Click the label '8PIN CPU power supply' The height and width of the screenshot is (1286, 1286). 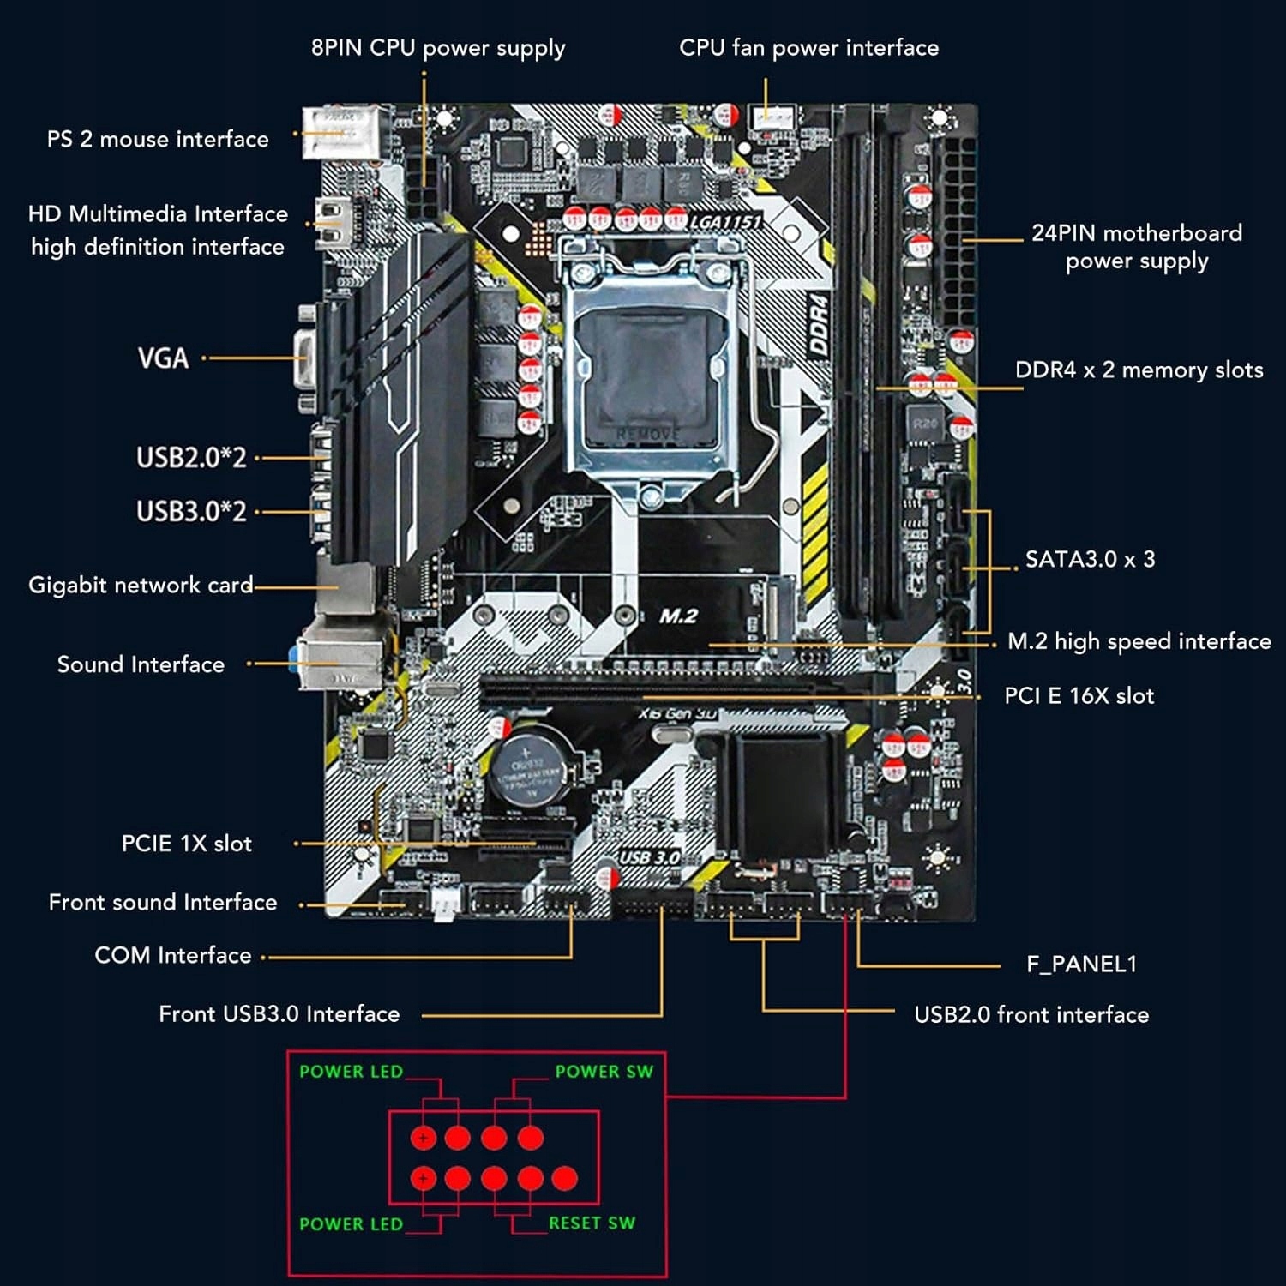[437, 48]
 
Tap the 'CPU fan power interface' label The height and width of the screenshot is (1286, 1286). [808, 48]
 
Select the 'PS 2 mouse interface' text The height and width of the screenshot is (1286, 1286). [158, 139]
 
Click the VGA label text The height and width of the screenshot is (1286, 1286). [163, 358]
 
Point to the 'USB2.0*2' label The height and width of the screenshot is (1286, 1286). [191, 457]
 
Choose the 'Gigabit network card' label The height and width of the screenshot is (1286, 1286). [141, 585]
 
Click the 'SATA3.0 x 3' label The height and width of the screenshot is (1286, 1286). [1090, 559]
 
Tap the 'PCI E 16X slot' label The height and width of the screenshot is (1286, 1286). [1079, 695]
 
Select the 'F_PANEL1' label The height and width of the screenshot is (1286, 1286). [1081, 964]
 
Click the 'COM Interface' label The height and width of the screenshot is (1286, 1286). [172, 955]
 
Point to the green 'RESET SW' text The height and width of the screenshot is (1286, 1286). [592, 1223]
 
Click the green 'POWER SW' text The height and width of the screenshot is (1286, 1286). [604, 1071]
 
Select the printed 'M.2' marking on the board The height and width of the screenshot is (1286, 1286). [678, 616]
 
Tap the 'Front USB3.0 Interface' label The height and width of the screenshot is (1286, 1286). [279, 1014]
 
